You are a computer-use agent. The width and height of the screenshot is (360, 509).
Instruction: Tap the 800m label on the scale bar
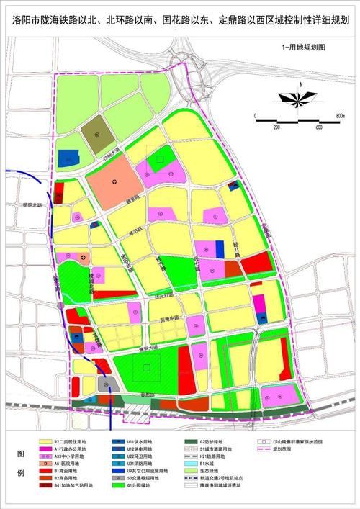[341, 114]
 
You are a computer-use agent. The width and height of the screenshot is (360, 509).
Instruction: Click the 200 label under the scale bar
[276, 127]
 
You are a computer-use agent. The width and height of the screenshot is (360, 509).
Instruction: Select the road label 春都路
[148, 395]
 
